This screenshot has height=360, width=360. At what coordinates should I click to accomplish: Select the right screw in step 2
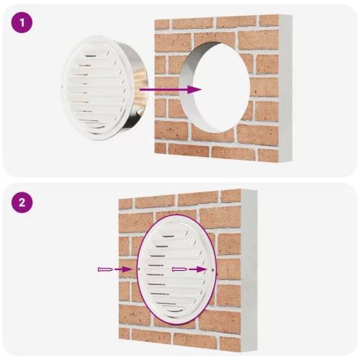click(x=179, y=269)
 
